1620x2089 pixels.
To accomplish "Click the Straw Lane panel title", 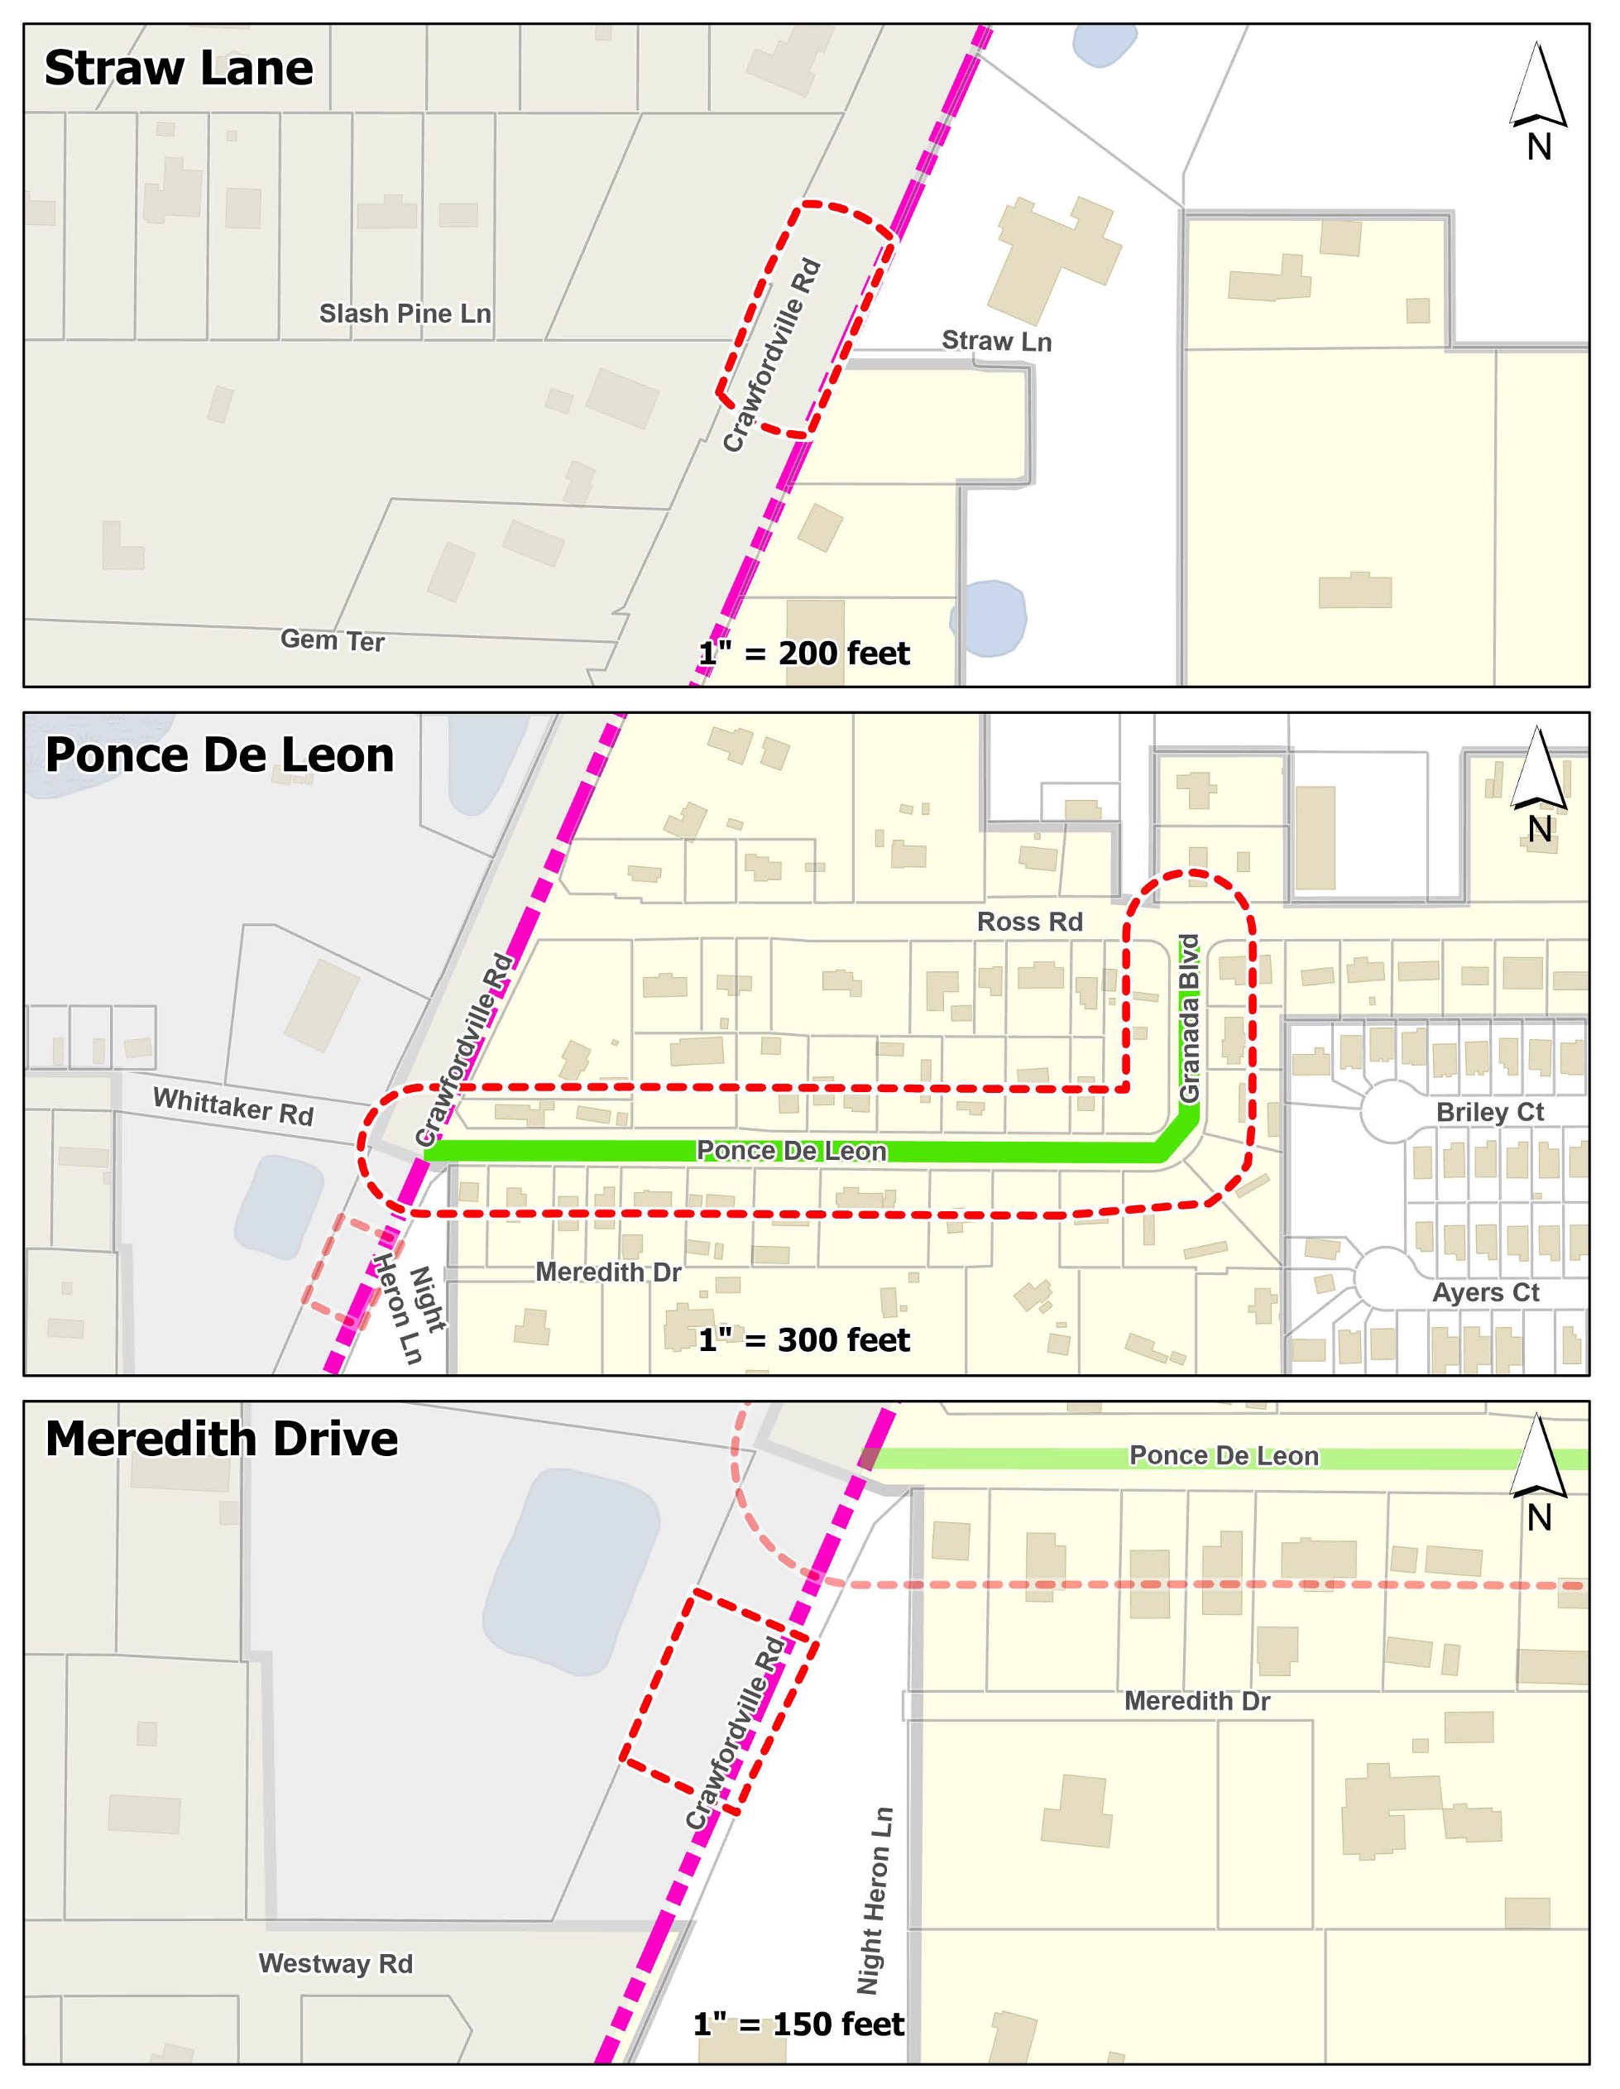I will (x=179, y=69).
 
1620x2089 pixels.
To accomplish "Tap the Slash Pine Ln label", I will (x=405, y=314).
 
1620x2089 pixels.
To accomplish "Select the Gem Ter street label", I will (x=332, y=640).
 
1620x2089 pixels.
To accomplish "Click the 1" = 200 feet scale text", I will (x=804, y=654).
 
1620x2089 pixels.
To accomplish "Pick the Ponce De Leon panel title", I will (x=219, y=755).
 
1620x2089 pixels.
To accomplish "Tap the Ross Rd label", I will (x=1029, y=922).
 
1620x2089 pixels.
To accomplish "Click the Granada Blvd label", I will (x=1189, y=1018).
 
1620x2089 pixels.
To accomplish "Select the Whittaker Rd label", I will (x=233, y=1107).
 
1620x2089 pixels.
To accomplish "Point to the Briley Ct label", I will (x=1490, y=1113).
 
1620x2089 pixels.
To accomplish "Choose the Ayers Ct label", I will (x=1485, y=1293).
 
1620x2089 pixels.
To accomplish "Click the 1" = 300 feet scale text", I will (x=804, y=1340).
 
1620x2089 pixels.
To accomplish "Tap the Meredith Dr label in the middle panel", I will (x=608, y=1272).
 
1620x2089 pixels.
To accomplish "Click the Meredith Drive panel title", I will (x=221, y=1440).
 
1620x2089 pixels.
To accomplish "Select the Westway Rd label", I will (x=336, y=1964).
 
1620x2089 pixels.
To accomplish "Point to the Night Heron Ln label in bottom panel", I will (x=873, y=1900).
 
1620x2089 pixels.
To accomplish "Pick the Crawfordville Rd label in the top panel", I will (x=773, y=355).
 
